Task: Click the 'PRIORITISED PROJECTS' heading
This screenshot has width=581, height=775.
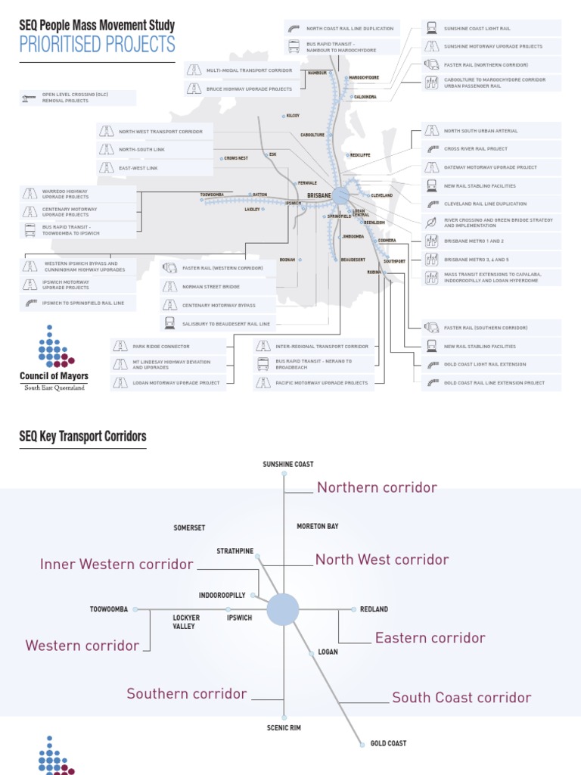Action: [x=97, y=45]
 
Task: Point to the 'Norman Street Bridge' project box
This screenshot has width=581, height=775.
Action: [x=211, y=288]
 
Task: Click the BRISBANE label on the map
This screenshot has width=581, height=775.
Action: [x=318, y=196]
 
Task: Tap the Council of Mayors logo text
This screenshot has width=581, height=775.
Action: [x=54, y=376]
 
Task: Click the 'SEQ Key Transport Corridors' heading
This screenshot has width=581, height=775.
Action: [x=82, y=437]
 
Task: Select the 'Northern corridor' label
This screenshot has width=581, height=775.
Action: [x=377, y=487]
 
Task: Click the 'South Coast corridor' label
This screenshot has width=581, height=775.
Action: [x=461, y=698]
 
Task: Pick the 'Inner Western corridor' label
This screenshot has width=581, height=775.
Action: [x=117, y=565]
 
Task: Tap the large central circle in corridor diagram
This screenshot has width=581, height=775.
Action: [x=283, y=609]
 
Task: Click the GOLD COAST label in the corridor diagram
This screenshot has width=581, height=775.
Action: [x=388, y=743]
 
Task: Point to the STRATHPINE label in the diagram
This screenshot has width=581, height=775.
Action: [x=235, y=551]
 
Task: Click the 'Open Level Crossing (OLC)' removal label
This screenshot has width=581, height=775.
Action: [x=76, y=98]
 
